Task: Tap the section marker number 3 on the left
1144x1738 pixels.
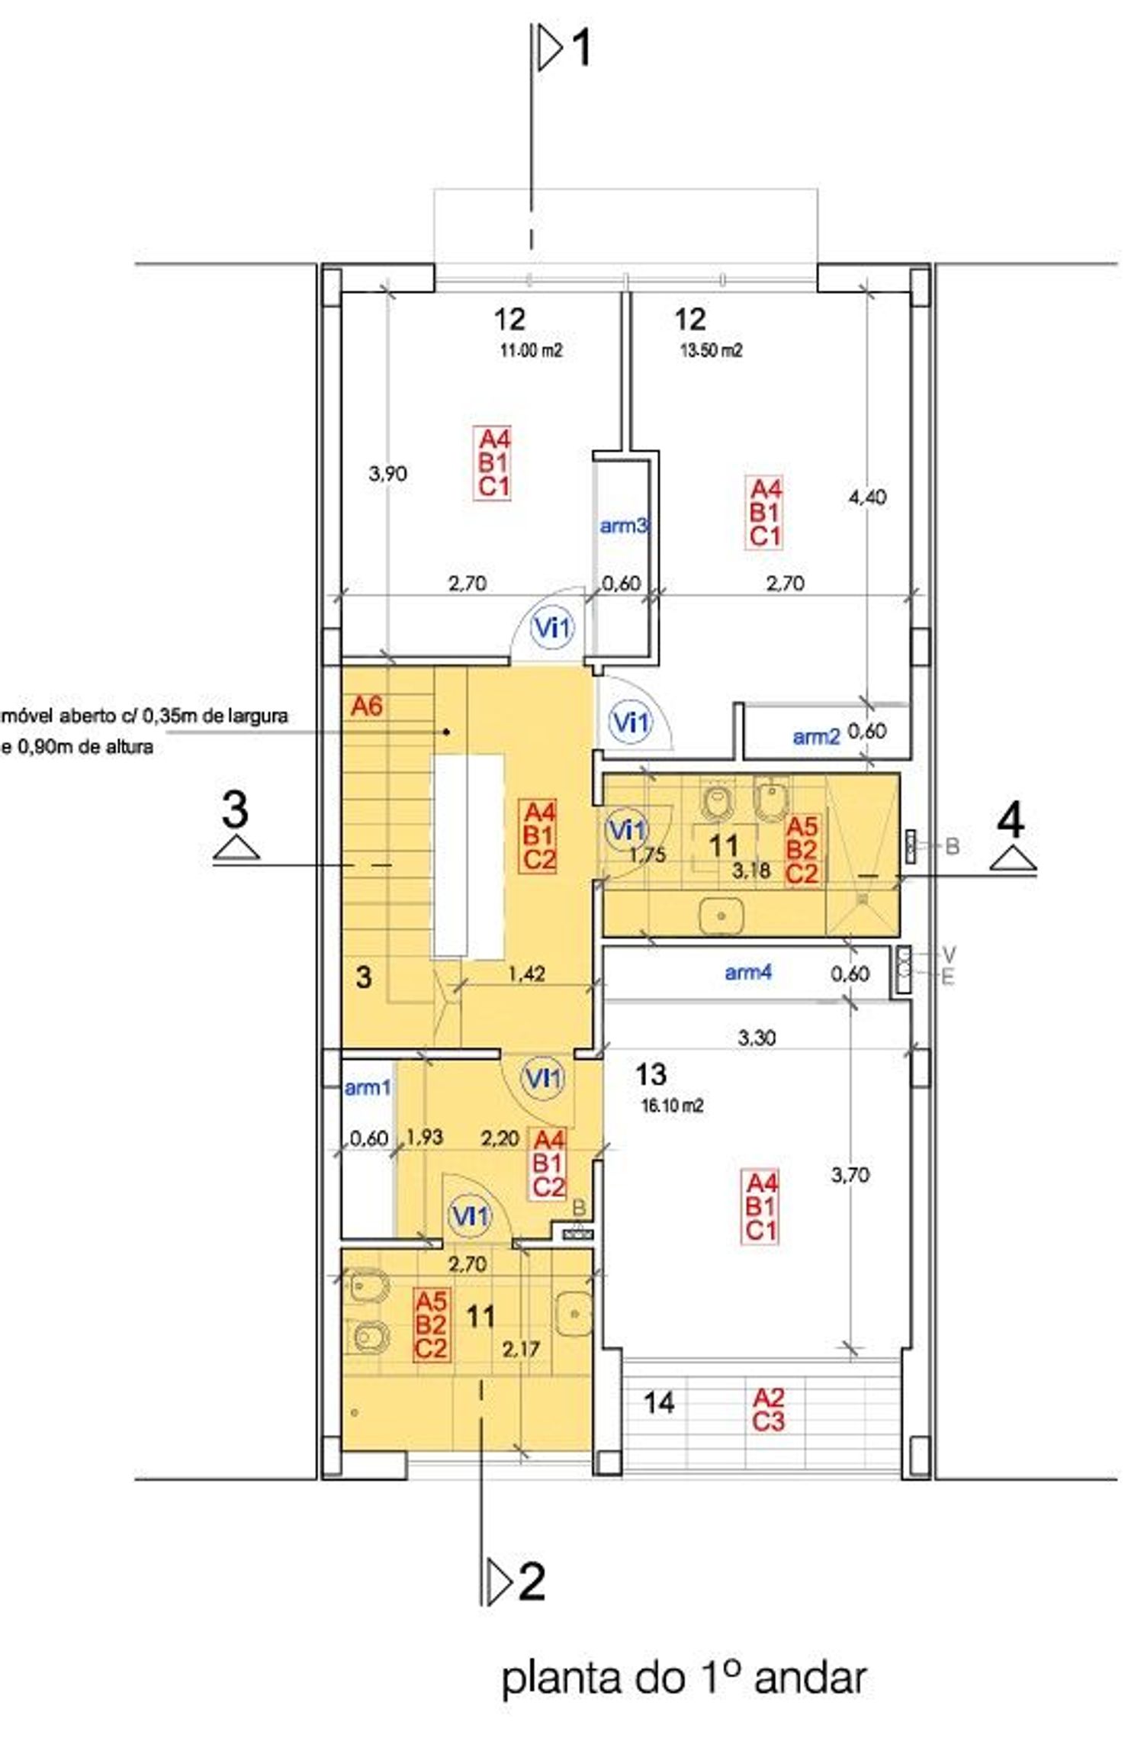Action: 235,809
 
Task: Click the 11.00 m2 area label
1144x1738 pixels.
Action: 531,351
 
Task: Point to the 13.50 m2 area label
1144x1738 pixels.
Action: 711,350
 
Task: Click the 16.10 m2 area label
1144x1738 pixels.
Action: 672,1106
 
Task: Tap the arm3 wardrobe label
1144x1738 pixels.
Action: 624,526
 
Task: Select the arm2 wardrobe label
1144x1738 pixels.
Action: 816,736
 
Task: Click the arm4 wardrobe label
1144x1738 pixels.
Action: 748,972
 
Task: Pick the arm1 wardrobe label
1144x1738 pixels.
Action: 368,1088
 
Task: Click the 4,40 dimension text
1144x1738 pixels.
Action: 867,497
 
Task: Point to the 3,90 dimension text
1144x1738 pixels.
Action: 387,474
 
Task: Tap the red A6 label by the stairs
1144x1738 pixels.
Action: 366,706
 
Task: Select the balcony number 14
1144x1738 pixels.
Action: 659,1402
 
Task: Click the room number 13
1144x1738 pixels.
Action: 651,1074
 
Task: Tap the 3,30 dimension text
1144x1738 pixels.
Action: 757,1038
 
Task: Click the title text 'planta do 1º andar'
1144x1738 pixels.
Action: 684,1679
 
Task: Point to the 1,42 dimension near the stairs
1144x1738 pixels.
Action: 526,974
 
